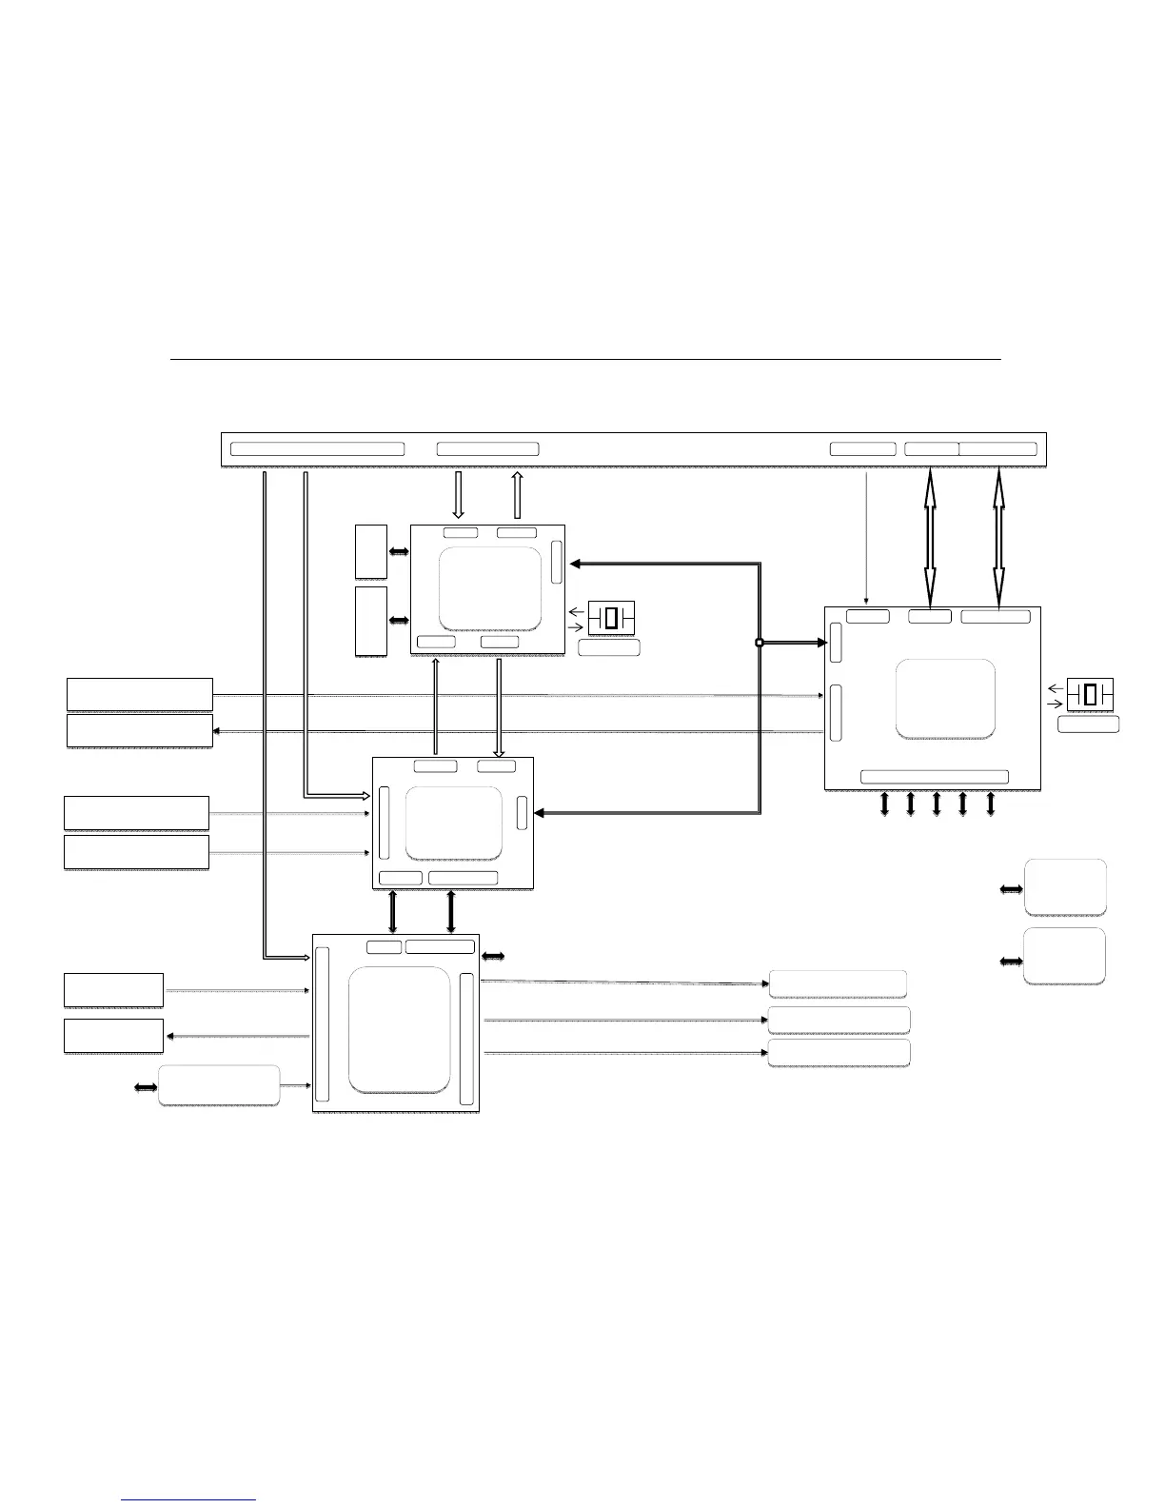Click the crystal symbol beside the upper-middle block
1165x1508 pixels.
610,618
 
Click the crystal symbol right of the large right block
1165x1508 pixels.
1090,694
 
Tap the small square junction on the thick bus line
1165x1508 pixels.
760,644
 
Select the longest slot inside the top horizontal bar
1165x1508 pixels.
317,449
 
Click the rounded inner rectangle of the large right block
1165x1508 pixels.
945,698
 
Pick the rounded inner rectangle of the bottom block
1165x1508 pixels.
399,1029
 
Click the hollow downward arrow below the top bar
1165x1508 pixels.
458,494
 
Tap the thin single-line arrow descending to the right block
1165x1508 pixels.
866,537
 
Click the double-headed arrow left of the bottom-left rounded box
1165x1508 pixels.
146,1086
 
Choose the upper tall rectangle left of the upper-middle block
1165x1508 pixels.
371,551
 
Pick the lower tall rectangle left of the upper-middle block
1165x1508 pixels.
371,621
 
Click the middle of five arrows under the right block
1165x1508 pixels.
937,804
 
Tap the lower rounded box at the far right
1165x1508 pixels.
1065,956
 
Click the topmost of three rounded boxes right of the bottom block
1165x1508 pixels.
838,983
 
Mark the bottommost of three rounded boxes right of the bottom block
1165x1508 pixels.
839,1053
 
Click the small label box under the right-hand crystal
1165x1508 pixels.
1089,724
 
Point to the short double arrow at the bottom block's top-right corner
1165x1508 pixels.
493,955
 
